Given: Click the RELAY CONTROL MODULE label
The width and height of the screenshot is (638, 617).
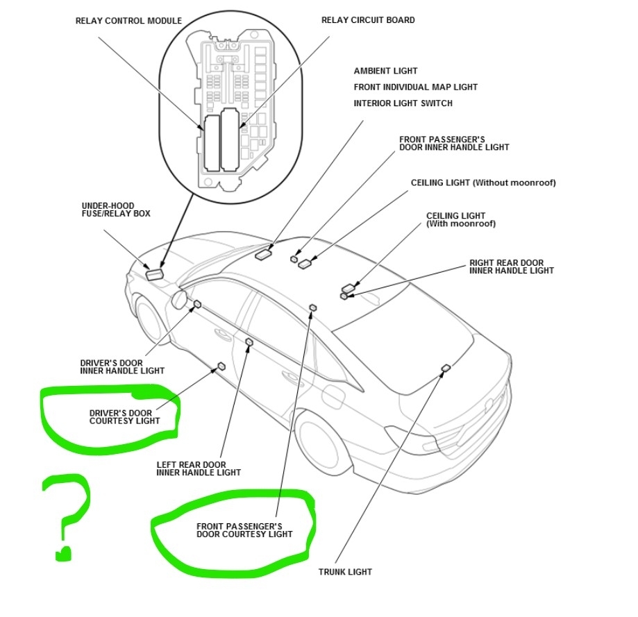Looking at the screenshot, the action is tap(128, 21).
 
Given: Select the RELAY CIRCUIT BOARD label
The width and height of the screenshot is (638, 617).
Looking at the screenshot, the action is tap(368, 20).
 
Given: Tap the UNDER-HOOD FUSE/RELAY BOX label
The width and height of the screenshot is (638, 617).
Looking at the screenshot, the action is tap(116, 210).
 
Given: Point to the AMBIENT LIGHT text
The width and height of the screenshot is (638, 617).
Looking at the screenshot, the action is tap(386, 71).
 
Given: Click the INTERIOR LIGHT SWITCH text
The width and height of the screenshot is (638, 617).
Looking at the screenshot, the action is tap(403, 103).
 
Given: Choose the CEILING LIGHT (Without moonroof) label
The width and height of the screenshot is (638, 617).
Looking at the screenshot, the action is tap(483, 183).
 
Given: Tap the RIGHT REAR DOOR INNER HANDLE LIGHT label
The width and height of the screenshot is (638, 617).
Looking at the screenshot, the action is tap(512, 267).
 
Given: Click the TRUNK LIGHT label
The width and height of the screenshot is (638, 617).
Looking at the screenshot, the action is tap(345, 572).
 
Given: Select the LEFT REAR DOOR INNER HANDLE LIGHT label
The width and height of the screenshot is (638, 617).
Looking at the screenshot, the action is tap(199, 468).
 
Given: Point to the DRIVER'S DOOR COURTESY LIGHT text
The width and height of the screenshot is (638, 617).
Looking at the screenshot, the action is tap(125, 416).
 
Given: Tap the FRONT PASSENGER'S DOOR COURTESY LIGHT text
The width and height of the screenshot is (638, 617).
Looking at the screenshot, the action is tap(244, 530).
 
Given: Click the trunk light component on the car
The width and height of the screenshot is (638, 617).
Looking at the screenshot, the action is tap(446, 368).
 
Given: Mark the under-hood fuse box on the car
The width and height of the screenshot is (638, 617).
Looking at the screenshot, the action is tap(156, 273).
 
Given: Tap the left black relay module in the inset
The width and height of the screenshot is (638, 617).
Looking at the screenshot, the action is tap(211, 143).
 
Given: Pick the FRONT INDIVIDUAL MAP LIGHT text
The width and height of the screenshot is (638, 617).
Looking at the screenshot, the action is tap(416, 87).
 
